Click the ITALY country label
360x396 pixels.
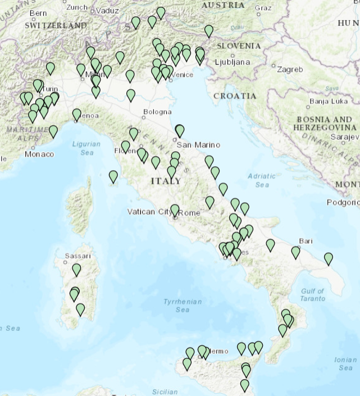166,181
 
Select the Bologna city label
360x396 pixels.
157,112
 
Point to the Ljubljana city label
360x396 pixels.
231,62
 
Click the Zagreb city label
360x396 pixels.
290,70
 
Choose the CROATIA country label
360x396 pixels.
234,96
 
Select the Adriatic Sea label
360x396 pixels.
262,180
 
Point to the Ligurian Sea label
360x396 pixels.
86,148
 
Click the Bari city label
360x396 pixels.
306,240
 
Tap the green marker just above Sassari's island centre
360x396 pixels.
76,270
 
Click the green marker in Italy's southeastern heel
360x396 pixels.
328,258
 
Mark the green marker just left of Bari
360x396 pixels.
295,252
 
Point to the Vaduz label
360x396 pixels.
107,10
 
